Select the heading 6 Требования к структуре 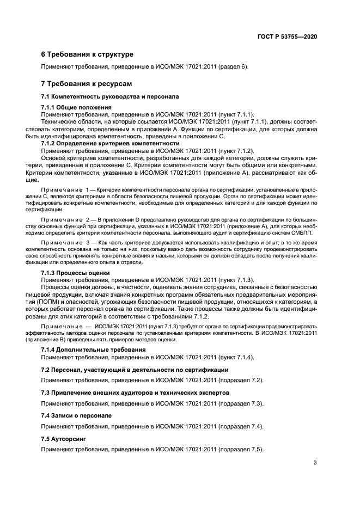click(87, 54)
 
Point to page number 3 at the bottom click(315, 463)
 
